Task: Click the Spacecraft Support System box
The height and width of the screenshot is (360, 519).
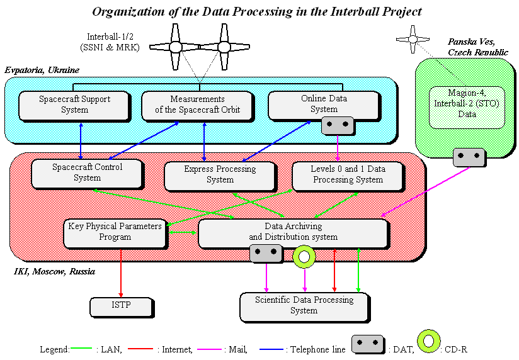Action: pos(74,105)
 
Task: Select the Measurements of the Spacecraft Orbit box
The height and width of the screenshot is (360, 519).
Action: pos(197,105)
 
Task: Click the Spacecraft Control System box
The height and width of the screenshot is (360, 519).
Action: pos(87,172)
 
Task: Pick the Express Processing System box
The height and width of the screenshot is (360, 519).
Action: pos(220,175)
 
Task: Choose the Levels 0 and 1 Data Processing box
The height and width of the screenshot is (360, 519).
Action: pos(346,175)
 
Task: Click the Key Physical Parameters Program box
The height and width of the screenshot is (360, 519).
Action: pos(115,232)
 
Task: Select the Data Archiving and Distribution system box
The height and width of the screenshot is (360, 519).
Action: pos(293,232)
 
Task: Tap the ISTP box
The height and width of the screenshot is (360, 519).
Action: pos(121,307)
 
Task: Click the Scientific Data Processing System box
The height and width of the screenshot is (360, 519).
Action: pos(304,305)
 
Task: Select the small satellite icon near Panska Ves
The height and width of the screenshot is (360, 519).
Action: pos(413,40)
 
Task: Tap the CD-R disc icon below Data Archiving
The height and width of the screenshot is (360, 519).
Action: pos(305,256)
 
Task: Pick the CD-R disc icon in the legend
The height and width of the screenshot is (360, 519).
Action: pos(428,341)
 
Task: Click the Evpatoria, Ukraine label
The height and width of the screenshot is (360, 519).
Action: pos(42,70)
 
